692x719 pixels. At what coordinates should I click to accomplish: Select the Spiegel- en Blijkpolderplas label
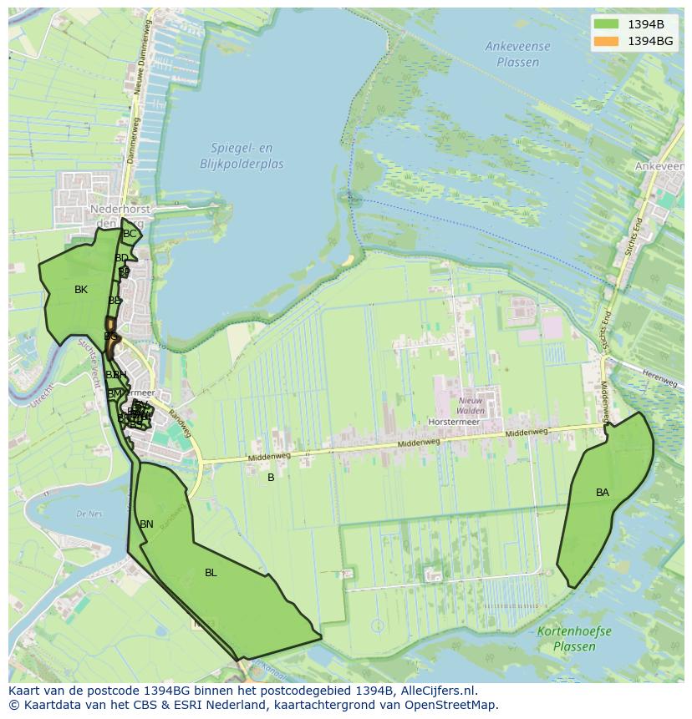242,156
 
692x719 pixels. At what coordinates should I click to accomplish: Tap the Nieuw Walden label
471,405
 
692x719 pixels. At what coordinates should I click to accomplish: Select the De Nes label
88,514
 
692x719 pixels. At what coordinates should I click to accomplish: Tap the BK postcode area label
80,290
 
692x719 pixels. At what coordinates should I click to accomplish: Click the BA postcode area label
603,493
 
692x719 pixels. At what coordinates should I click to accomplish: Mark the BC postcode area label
130,234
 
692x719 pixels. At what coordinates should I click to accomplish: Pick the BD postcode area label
122,258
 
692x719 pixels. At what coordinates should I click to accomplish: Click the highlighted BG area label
110,336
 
